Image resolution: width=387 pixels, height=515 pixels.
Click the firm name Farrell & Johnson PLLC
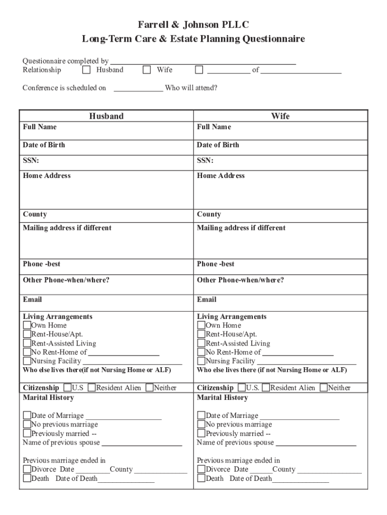(193, 25)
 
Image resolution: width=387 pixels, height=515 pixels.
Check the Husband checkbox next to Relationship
(86, 70)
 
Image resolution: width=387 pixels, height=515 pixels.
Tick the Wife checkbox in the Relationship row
(147, 70)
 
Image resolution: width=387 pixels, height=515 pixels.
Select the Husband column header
(106, 116)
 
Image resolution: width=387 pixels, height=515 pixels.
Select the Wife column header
(280, 116)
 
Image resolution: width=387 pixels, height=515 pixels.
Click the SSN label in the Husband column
(31, 160)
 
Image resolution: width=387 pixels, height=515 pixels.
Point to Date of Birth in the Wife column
(218, 145)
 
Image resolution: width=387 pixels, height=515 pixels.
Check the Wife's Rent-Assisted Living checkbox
(202, 344)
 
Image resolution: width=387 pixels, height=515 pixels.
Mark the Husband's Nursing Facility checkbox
(27, 361)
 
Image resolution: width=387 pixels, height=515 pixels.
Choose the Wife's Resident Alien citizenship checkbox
(266, 388)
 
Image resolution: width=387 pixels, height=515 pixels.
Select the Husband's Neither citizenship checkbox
(149, 388)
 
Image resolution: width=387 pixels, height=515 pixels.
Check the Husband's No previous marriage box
(27, 424)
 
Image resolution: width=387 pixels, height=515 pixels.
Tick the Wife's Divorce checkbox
(202, 469)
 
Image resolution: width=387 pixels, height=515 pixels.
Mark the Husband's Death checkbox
(27, 478)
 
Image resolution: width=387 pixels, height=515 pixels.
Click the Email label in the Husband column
(32, 299)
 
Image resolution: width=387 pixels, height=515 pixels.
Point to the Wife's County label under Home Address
(209, 214)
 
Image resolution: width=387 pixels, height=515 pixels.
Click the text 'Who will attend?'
(191, 88)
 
